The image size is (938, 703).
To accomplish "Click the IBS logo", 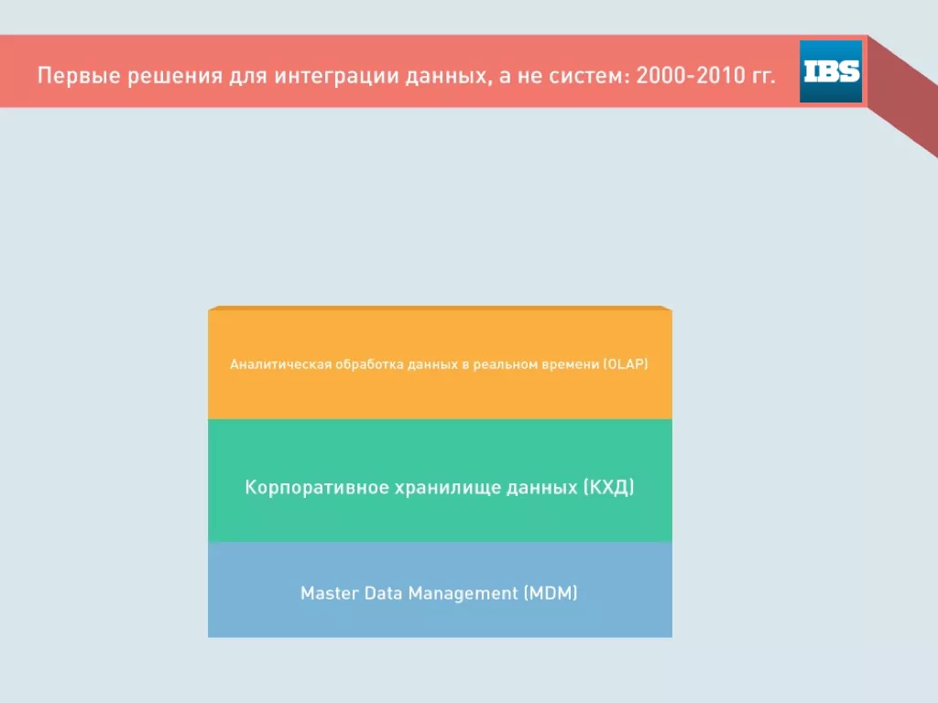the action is (831, 71).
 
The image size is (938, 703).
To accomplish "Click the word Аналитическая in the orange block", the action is (280, 364).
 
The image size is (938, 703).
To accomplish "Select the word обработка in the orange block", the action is (369, 364).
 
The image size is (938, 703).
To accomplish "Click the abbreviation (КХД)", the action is (608, 487).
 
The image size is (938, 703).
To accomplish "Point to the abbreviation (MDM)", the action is (551, 593).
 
